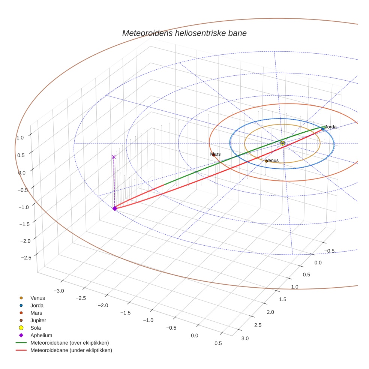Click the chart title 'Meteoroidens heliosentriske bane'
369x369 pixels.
click(184, 33)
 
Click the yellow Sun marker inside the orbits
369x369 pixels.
click(282, 143)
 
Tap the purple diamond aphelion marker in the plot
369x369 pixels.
click(115, 208)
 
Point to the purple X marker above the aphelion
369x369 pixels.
click(114, 157)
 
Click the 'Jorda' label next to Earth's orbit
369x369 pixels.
click(330, 127)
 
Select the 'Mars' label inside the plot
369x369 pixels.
click(216, 154)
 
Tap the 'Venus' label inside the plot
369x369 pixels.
click(272, 160)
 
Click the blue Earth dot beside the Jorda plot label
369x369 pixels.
click(323, 129)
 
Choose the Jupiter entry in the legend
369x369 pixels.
click(38, 320)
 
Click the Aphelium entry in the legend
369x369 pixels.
click(41, 335)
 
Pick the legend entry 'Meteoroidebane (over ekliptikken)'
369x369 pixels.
click(69, 343)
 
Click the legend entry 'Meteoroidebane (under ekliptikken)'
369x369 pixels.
click(71, 350)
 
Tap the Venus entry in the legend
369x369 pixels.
click(37, 298)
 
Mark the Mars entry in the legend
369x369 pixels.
click(36, 313)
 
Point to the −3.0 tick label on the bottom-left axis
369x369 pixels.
click(59, 291)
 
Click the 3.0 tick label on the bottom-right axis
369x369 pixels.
click(245, 338)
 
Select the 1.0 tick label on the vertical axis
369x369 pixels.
click(20, 138)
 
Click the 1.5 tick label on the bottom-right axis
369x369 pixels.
click(283, 299)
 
